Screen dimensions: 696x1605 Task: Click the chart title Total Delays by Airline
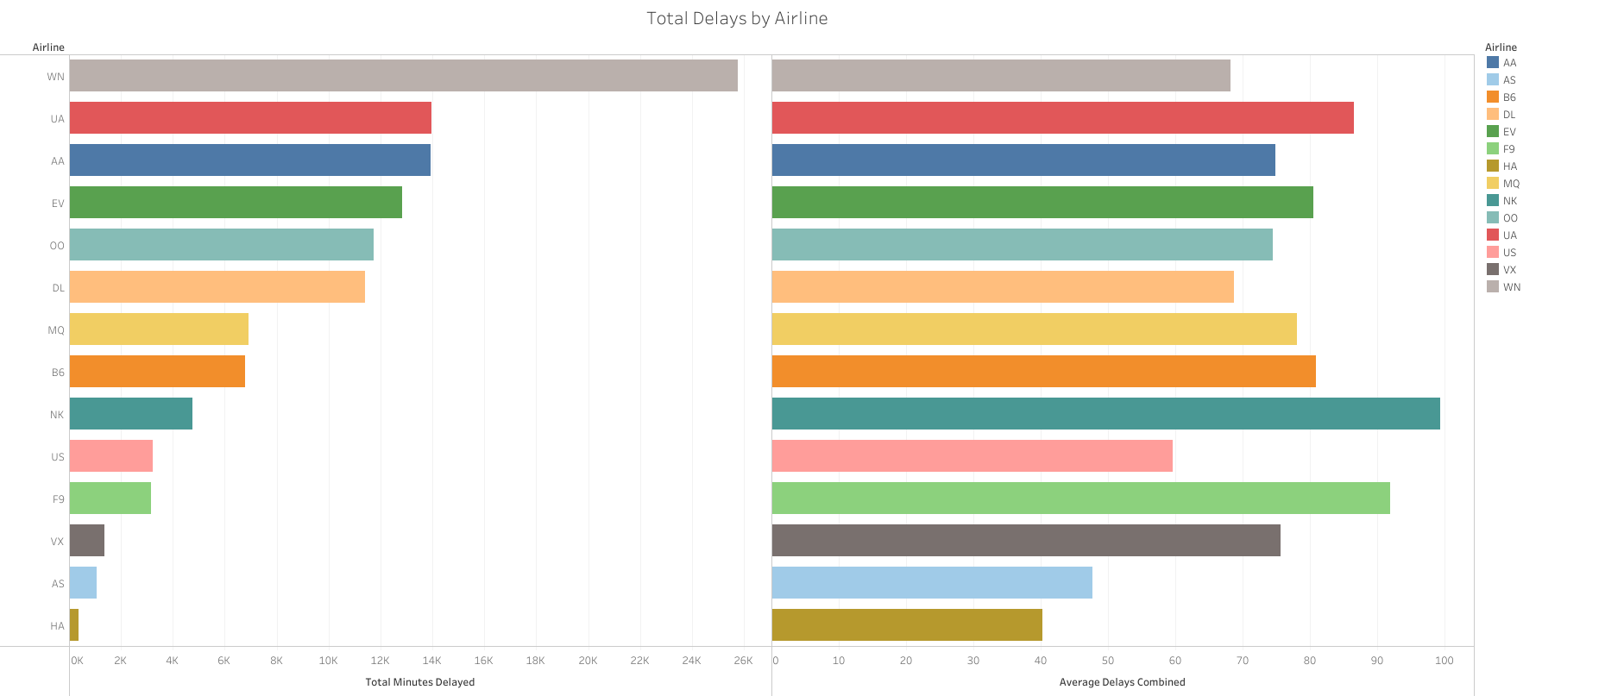tap(737, 18)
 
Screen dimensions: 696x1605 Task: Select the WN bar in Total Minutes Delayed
tap(403, 76)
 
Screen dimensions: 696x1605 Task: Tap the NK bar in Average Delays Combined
tap(1105, 414)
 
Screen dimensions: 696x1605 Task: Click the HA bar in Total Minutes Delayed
tap(74, 625)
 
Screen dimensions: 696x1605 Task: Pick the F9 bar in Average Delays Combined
tap(1080, 498)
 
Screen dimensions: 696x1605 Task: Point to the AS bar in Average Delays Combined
tap(932, 583)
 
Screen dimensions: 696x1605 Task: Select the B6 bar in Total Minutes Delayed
tap(157, 372)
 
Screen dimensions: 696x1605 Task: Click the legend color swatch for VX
tap(1493, 269)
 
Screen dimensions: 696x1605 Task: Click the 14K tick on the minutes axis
tap(431, 661)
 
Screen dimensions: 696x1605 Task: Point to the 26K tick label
tap(743, 661)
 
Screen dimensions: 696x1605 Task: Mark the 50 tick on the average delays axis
tap(1108, 661)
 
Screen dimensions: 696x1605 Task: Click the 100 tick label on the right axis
tap(1444, 661)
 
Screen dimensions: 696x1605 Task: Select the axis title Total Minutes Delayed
tap(419, 682)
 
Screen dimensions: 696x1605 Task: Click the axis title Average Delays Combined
tap(1122, 682)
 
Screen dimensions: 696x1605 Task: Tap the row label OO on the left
tap(57, 246)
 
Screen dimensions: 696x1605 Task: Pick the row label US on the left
tap(58, 457)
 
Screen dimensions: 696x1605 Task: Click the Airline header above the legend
tap(1501, 47)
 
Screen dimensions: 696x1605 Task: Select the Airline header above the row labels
tap(48, 47)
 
